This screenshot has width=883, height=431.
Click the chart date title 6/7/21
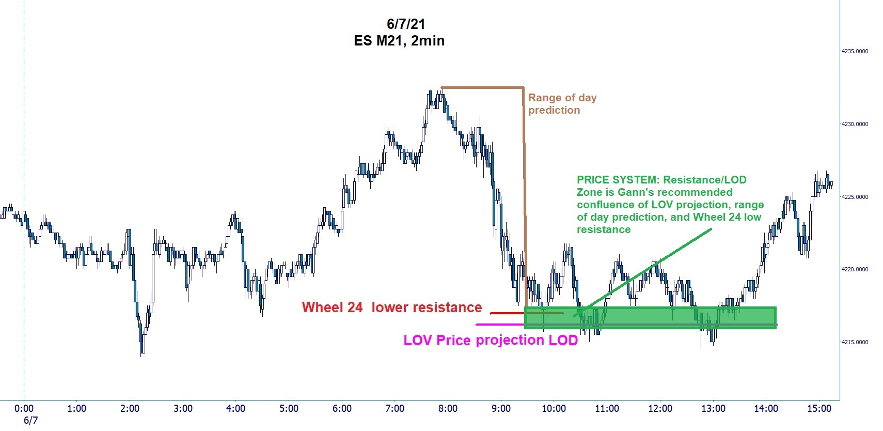coord(405,24)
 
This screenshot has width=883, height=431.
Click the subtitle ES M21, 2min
coord(399,41)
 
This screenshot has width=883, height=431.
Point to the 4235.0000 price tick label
coord(855,52)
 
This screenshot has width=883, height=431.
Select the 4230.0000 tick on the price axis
coord(855,124)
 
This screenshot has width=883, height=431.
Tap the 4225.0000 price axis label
coord(855,197)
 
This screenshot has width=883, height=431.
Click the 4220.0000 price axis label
coord(855,269)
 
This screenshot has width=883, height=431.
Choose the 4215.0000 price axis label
coord(855,342)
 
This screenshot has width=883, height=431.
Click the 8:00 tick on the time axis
coord(448,409)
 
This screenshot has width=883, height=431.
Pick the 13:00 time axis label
coord(713,409)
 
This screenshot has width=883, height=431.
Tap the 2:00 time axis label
coord(130,409)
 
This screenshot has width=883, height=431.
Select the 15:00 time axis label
coord(819,409)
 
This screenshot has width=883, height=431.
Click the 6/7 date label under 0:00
coord(31,421)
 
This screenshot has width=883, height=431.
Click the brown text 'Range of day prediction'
coord(562,104)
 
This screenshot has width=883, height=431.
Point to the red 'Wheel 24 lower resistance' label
coord(391,307)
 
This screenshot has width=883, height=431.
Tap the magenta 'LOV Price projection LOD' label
coord(490,340)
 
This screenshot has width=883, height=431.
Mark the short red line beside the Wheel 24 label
coord(506,313)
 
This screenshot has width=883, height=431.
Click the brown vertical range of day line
coord(525,196)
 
